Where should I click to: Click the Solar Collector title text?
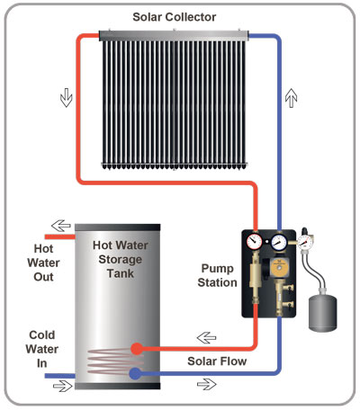pyautogui.click(x=175, y=17)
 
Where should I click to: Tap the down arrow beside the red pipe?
pyautogui.click(x=67, y=98)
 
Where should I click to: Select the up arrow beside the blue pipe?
pyautogui.click(x=291, y=98)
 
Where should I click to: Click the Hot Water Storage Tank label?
pyautogui.click(x=120, y=259)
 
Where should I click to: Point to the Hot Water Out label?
pyautogui.click(x=43, y=263)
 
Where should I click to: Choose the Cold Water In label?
pyautogui.click(x=42, y=349)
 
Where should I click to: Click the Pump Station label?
pyautogui.click(x=217, y=275)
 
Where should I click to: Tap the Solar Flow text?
pyautogui.click(x=217, y=361)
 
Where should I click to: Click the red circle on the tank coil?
pyautogui.click(x=137, y=349)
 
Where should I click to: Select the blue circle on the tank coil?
pyautogui.click(x=135, y=374)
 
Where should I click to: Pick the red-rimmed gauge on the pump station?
pyautogui.click(x=255, y=241)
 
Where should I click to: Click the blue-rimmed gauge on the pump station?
pyautogui.click(x=279, y=242)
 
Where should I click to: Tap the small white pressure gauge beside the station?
pyautogui.click(x=305, y=241)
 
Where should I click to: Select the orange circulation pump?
pyautogui.click(x=279, y=267)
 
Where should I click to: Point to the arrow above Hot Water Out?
pyautogui.click(x=61, y=226)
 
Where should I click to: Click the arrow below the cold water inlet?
pyautogui.click(x=63, y=386)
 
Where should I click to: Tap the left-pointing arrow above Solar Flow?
pyautogui.click(x=206, y=338)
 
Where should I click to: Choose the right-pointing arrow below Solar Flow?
pyautogui.click(x=207, y=384)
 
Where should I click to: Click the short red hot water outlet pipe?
pyautogui.click(x=59, y=236)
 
